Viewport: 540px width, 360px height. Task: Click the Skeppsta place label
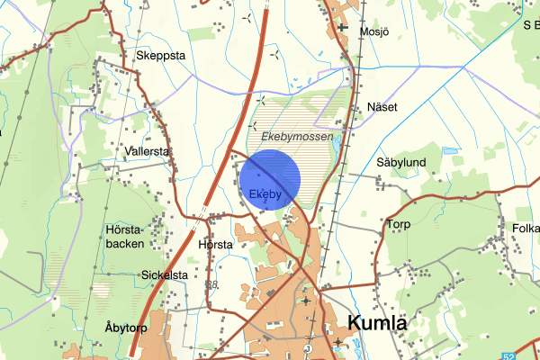(160, 55)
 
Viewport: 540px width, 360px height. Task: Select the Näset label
(382, 107)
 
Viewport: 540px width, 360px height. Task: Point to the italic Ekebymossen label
(296, 137)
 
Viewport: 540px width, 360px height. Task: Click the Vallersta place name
(148, 152)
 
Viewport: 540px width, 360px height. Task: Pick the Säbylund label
(400, 163)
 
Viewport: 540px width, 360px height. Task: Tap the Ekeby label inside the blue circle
(265, 193)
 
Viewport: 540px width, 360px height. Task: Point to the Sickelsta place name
(164, 274)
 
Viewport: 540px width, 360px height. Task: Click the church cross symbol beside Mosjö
(343, 29)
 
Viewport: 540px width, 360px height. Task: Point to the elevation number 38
(212, 285)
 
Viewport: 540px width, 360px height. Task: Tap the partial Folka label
(524, 228)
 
